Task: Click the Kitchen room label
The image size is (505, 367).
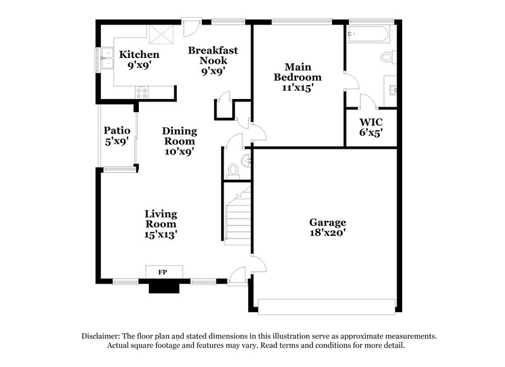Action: [x=139, y=55]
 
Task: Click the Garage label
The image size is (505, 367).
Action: [x=327, y=223]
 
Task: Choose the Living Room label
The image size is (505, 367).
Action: [x=160, y=219]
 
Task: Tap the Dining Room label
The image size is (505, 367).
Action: [x=179, y=136]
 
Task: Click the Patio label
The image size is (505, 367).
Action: [x=117, y=131]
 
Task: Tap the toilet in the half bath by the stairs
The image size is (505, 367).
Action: [x=233, y=169]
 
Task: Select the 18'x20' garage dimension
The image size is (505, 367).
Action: [x=327, y=234]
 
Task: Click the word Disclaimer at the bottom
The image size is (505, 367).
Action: [x=104, y=336]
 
